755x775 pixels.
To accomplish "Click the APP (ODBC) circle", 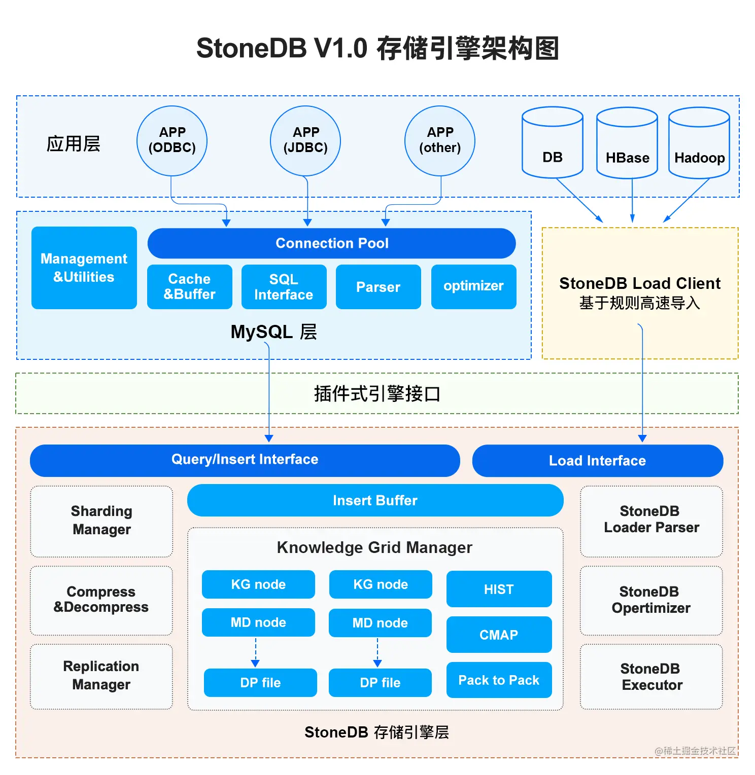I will (x=172, y=140).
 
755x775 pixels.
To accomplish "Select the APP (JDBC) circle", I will (x=305, y=140).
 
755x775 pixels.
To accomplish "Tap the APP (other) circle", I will (x=440, y=140).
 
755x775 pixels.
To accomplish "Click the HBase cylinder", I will (x=627, y=147).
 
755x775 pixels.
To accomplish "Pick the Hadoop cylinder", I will (x=699, y=147).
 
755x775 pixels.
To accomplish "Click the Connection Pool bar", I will (x=332, y=243).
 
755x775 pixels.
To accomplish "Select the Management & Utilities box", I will (x=84, y=268).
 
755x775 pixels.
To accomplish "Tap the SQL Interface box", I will (x=284, y=287).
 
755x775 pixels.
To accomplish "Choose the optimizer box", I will (x=473, y=286).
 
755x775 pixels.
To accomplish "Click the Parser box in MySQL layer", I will (x=378, y=287).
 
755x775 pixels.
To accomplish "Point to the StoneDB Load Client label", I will (x=640, y=283).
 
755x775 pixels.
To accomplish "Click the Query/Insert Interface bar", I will (x=245, y=460).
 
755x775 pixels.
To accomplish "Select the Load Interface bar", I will (x=597, y=461).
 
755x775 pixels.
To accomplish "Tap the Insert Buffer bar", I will (x=375, y=500).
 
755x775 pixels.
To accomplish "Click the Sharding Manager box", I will (x=101, y=521).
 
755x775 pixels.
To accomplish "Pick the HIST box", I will (x=499, y=589).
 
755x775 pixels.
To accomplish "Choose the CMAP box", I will (x=499, y=635).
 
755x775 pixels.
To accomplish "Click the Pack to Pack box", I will (x=499, y=680).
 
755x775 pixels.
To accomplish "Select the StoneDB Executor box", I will (x=651, y=677).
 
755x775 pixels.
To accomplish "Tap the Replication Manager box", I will (x=101, y=676).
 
